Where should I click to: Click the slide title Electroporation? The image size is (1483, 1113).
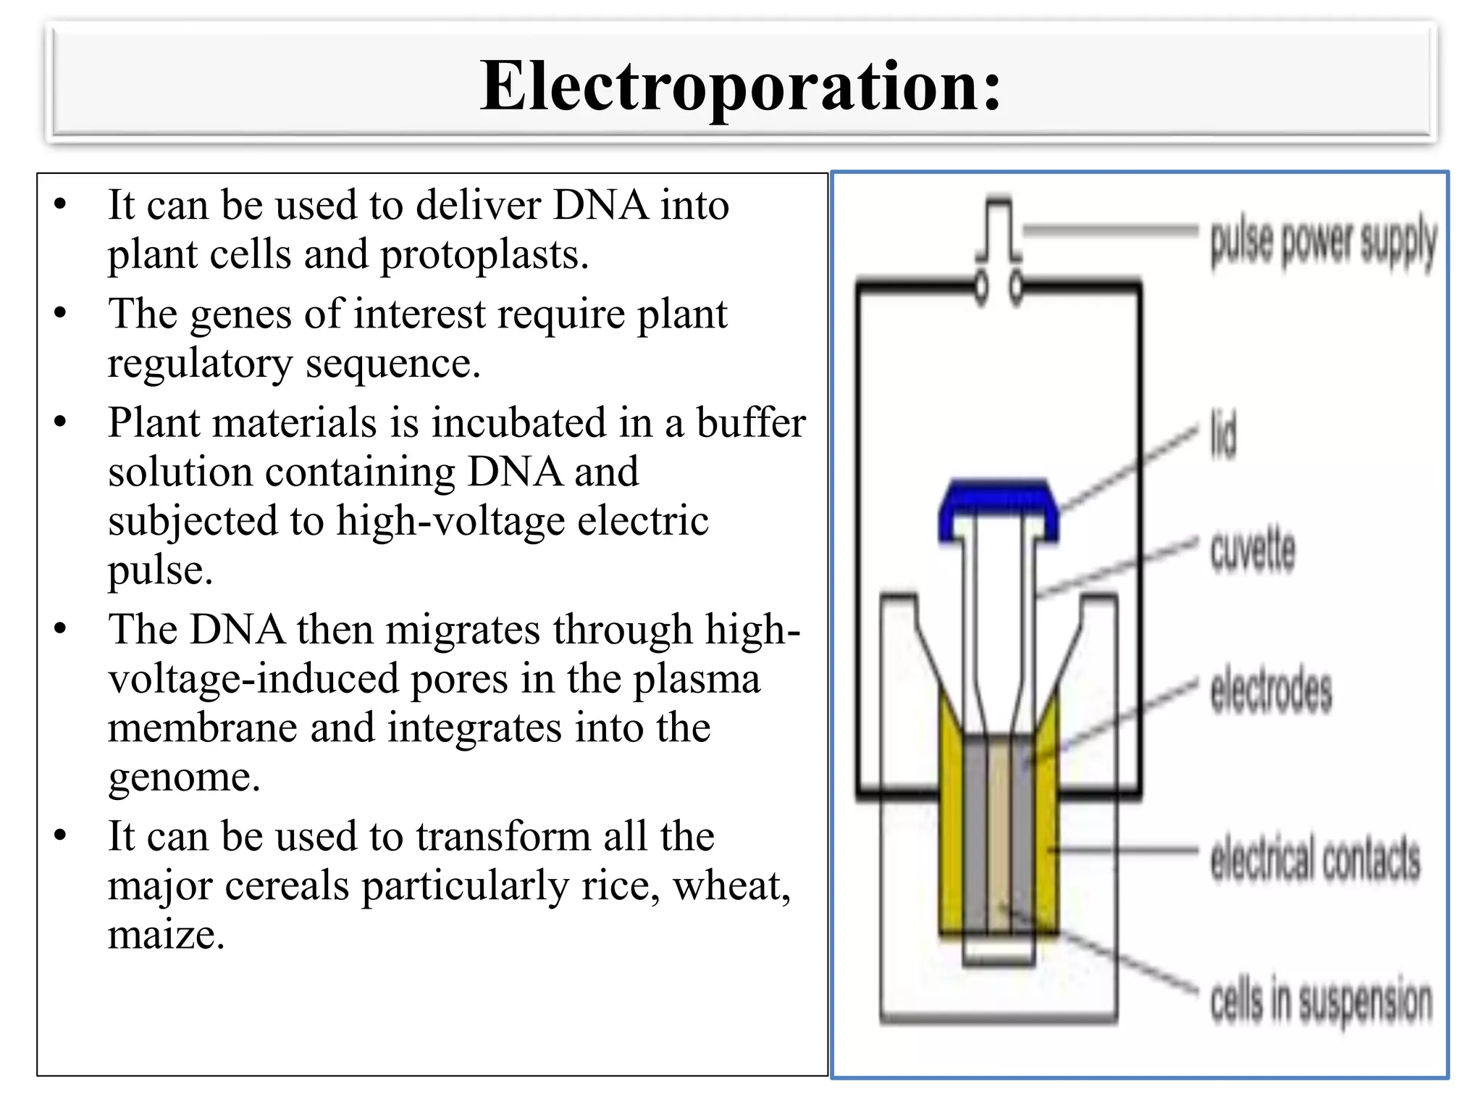point(740,86)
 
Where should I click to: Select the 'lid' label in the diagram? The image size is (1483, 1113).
point(1223,435)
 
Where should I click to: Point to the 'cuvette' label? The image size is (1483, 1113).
point(1253,551)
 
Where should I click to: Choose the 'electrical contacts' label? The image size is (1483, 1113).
point(1315,859)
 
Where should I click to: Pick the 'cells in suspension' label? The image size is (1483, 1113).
point(1321,1001)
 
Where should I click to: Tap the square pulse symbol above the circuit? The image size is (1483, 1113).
point(999,230)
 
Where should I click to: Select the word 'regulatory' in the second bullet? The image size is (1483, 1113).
point(200,363)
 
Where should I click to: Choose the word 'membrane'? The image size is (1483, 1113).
point(202,728)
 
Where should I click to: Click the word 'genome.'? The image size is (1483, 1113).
point(184,777)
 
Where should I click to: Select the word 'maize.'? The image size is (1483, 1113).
point(167,935)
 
